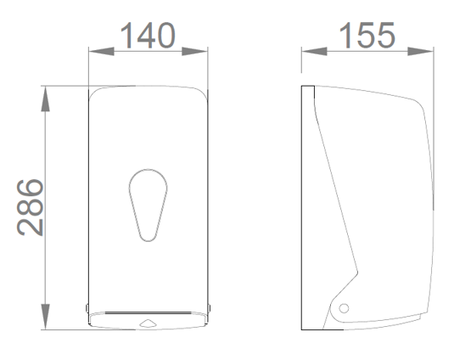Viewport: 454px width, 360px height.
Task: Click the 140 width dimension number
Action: [148, 36]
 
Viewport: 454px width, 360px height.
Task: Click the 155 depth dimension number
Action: [367, 36]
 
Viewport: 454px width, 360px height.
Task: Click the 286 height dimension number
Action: [30, 207]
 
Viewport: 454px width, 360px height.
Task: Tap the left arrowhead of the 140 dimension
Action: [101, 52]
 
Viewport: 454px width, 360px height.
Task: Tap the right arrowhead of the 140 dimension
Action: [194, 52]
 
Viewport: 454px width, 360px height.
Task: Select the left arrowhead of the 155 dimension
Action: [315, 52]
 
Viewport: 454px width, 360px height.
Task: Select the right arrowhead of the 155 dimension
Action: [420, 52]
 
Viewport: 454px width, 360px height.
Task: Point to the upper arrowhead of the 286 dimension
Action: [45, 98]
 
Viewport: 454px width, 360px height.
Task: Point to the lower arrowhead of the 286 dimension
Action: [45, 317]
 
